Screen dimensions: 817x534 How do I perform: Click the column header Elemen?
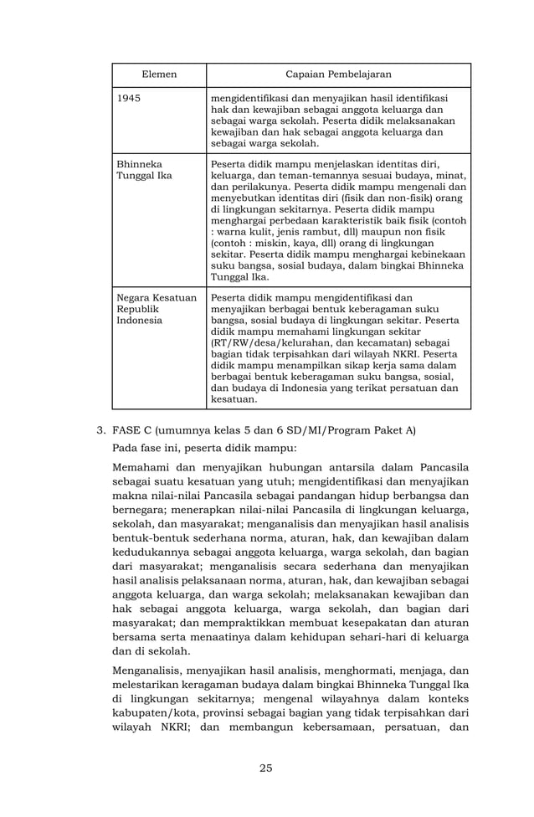pos(159,75)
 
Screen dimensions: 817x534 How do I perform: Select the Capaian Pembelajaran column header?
pos(332,75)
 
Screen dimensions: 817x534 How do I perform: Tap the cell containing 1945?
pos(129,99)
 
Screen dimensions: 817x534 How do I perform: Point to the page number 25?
pos(266,768)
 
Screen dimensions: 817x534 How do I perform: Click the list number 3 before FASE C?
pos(100,431)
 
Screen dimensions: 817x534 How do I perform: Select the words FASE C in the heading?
pos(131,431)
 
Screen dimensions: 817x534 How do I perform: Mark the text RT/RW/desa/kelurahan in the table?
pos(266,343)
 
